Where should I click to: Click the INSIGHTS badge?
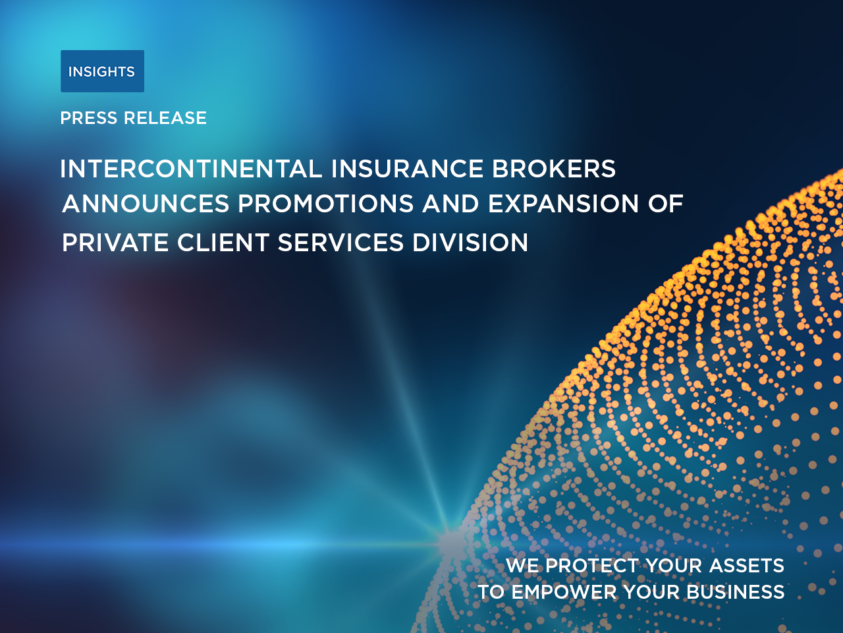click(103, 71)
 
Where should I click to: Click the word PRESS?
click(89, 118)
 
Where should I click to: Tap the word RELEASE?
click(165, 118)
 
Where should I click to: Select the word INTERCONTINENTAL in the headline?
click(191, 169)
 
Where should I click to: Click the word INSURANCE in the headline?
click(407, 169)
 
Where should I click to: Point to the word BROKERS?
click(554, 169)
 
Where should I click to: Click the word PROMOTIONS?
click(326, 203)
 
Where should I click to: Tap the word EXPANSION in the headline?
click(563, 203)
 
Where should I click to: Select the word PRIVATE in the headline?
click(115, 243)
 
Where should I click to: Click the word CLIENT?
click(223, 243)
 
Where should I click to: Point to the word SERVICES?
click(340, 243)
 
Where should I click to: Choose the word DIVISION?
click(470, 243)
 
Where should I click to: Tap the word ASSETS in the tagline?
click(747, 566)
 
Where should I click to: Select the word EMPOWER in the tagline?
click(564, 592)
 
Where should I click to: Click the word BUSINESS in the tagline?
click(736, 592)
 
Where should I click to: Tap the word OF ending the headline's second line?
click(666, 203)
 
